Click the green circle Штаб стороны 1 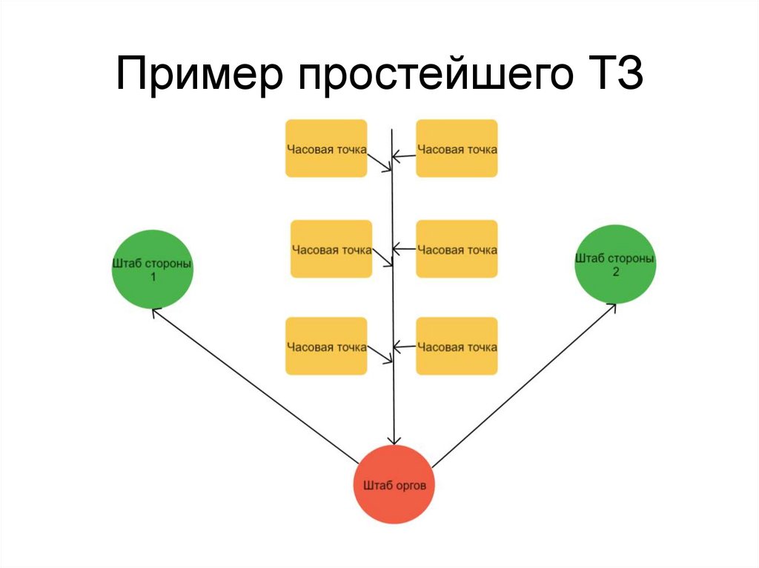tap(153, 269)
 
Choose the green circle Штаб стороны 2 tap(615, 264)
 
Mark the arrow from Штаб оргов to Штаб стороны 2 tap(523, 385)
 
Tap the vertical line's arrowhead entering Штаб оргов tap(394, 440)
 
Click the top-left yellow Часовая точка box tap(326, 148)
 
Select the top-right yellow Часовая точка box tap(457, 148)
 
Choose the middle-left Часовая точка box tap(331, 249)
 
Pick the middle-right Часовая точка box tap(457, 249)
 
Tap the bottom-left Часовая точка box tap(326, 346)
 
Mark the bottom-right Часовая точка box tap(457, 346)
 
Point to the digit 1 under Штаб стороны tap(153, 277)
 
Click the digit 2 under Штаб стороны tap(615, 272)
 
